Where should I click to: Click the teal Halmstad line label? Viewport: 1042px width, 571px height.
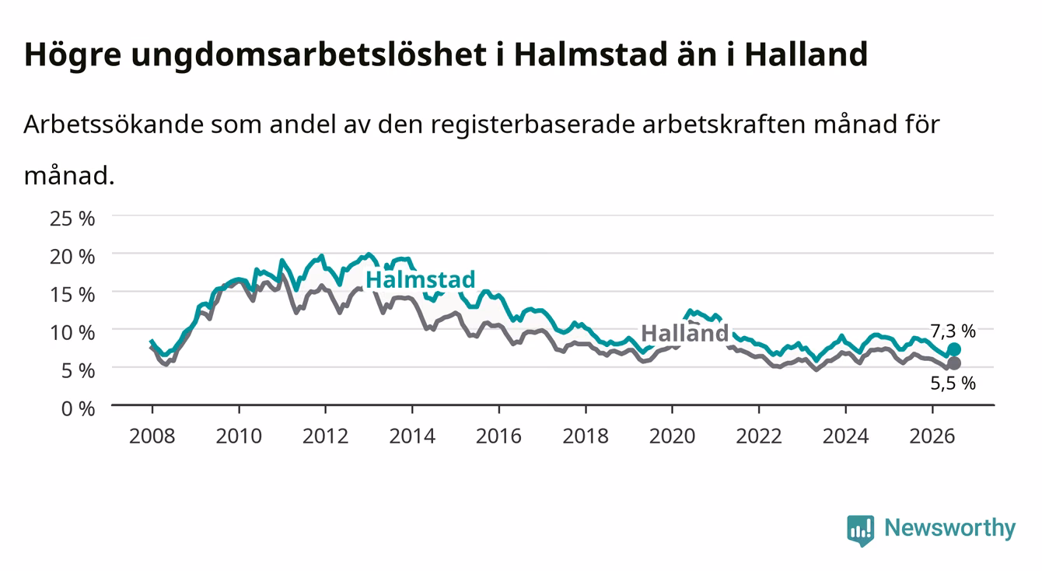pyautogui.click(x=420, y=280)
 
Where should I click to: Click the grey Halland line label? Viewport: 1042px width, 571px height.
pyautogui.click(x=684, y=333)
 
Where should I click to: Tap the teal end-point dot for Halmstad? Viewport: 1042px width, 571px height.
pyautogui.click(x=953, y=349)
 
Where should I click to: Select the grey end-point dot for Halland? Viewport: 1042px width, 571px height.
pyautogui.click(x=953, y=363)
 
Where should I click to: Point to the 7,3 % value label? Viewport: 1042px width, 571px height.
pyautogui.click(x=953, y=331)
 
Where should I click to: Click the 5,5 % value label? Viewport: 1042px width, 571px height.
pyautogui.click(x=953, y=383)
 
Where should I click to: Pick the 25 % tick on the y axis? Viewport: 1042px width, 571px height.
pyautogui.click(x=72, y=219)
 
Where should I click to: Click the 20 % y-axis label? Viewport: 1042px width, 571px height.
pyautogui.click(x=72, y=257)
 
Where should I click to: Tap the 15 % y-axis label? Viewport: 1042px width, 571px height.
pyautogui.click(x=72, y=295)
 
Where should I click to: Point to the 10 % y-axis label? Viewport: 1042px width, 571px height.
pyautogui.click(x=72, y=333)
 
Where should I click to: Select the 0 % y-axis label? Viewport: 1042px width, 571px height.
pyautogui.click(x=78, y=408)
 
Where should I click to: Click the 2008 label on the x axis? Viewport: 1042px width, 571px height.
pyautogui.click(x=152, y=436)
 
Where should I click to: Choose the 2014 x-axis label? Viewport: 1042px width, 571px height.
pyautogui.click(x=412, y=436)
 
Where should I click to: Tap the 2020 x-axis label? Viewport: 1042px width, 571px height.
pyautogui.click(x=672, y=436)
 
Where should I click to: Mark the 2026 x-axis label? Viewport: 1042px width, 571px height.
pyautogui.click(x=932, y=436)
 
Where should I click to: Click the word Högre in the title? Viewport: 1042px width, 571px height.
pyautogui.click(x=72, y=55)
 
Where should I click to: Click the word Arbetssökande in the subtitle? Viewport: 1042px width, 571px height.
pyautogui.click(x=114, y=124)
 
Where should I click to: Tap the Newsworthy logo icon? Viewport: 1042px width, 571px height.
pyautogui.click(x=861, y=531)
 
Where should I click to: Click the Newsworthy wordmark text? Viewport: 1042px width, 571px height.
pyautogui.click(x=950, y=527)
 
